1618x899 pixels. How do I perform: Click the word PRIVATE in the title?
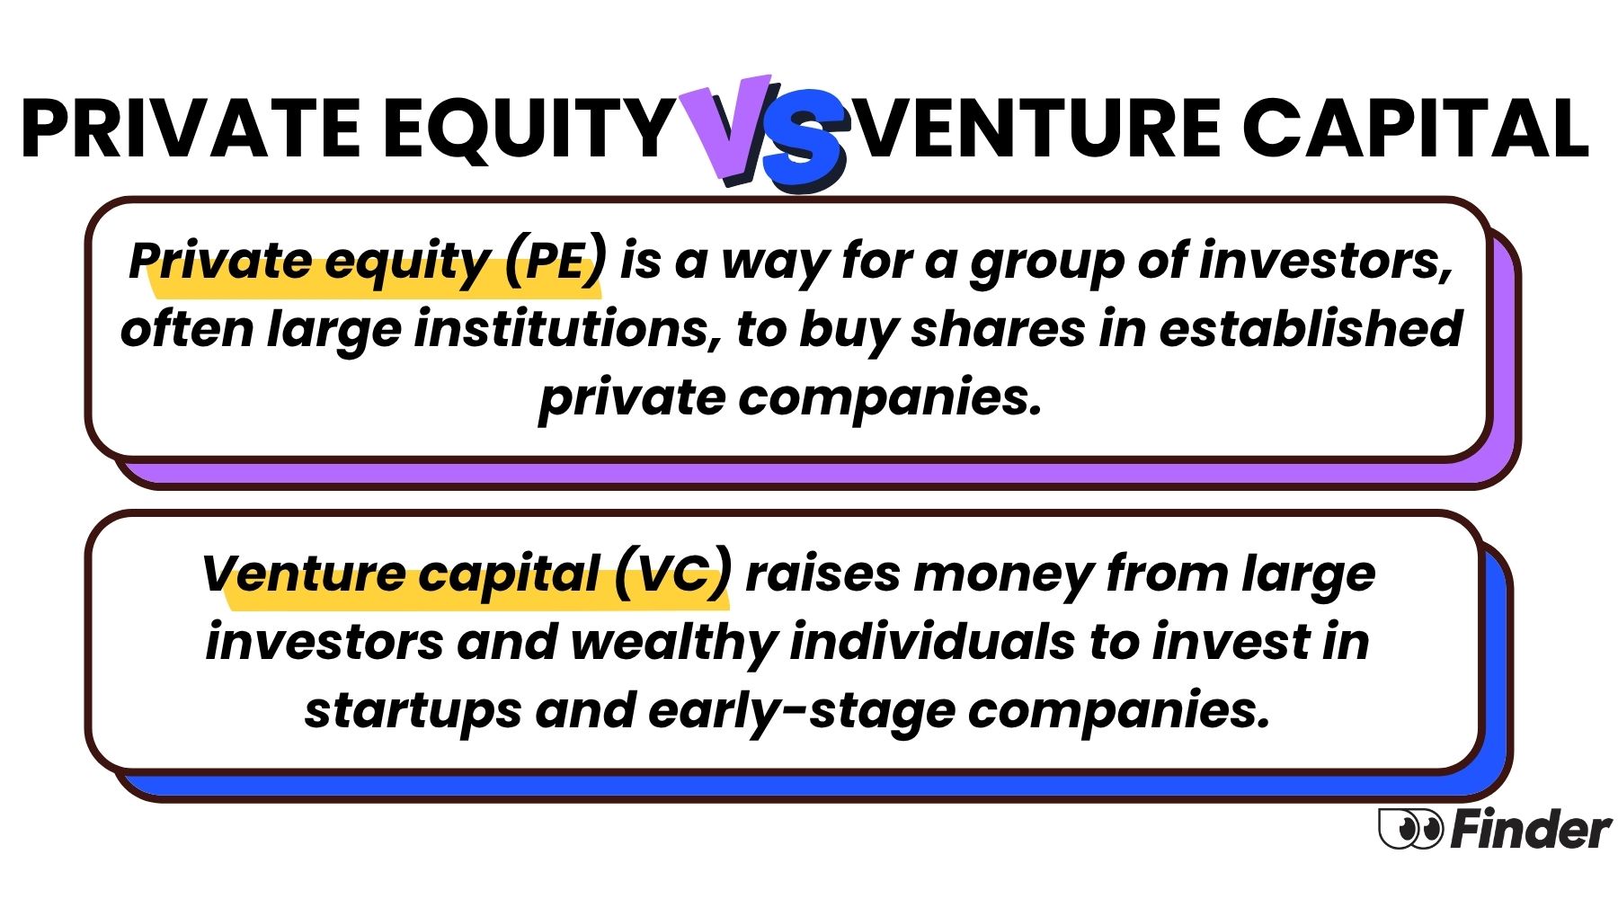pos(191,128)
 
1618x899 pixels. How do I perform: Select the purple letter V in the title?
pos(726,129)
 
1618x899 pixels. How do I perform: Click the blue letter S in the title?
pos(803,139)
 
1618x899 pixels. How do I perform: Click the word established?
pos(1311,328)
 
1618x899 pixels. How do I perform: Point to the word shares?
pos(998,329)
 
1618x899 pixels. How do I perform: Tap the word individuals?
pos(932,642)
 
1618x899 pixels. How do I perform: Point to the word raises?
pos(822,574)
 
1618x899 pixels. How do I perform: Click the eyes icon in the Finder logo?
pos(1410,828)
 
